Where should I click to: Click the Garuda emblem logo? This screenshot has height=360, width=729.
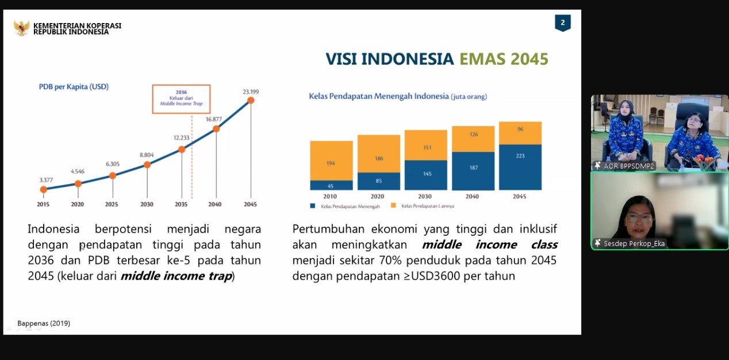[22, 28]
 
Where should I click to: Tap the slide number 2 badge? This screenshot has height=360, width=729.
[562, 23]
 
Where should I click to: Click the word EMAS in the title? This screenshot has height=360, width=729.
[480, 59]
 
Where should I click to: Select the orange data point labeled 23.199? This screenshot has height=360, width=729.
[251, 101]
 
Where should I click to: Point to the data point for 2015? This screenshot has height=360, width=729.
[44, 189]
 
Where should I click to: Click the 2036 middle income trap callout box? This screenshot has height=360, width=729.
[181, 99]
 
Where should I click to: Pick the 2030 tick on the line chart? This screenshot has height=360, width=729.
[147, 204]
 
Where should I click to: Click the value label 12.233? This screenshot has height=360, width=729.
[182, 137]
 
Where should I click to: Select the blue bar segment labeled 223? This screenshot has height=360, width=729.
[520, 167]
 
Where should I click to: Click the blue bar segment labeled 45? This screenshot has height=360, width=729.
[331, 185]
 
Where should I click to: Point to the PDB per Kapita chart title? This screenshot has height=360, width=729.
[74, 87]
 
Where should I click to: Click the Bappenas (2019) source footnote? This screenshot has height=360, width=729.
[44, 323]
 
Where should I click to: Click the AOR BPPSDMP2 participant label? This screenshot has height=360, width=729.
[628, 166]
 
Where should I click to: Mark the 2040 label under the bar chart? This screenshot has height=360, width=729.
[472, 197]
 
